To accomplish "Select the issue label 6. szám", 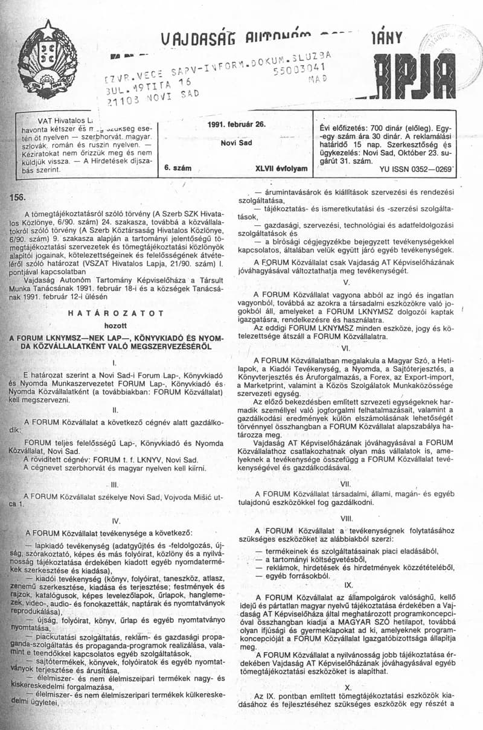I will tap(178, 170).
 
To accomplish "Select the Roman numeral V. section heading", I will tap(346, 283).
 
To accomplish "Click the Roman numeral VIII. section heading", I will tap(346, 518).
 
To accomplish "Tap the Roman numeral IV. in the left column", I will tap(116, 520).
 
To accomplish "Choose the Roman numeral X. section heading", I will tap(348, 688).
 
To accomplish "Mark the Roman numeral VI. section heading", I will tap(346, 348).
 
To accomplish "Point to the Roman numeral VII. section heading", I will tap(346, 482).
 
